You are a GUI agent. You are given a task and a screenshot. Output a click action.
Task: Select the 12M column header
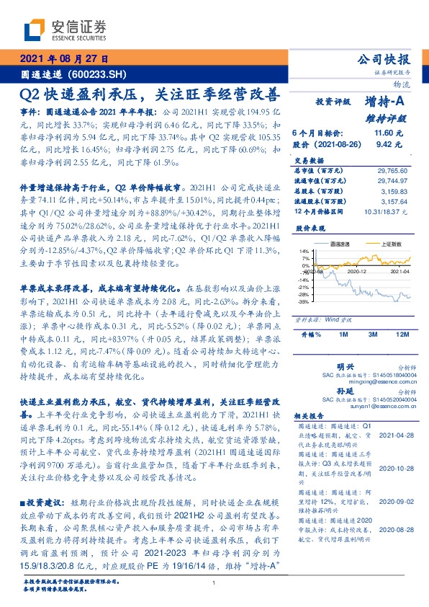tap(402, 334)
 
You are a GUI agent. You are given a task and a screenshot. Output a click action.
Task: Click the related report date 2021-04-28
tap(394, 435)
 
